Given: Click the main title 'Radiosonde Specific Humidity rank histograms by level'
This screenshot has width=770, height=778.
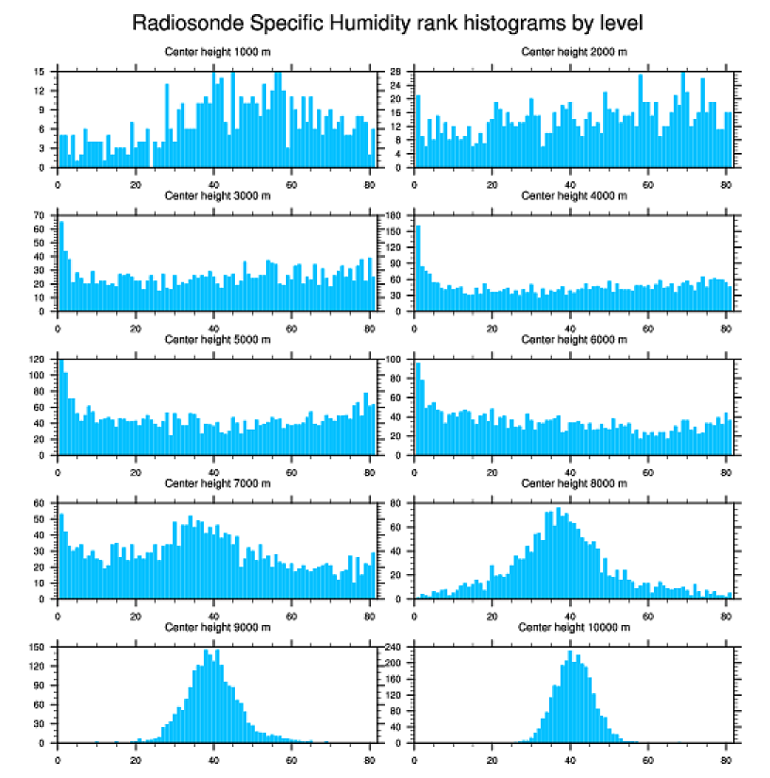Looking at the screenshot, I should point(388,22).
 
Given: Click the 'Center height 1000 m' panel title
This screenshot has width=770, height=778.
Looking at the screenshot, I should point(217,51).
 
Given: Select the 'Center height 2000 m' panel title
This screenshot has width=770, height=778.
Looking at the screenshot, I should point(574,51).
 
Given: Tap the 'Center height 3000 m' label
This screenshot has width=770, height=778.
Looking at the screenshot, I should point(217,195).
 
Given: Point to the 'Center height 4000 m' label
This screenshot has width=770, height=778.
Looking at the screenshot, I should point(574,195).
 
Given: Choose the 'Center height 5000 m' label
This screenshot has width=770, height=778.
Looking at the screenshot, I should point(217,339).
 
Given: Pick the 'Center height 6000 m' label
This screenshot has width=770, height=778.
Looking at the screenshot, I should point(574,339).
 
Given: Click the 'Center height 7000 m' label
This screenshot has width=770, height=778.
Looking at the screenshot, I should point(217,483).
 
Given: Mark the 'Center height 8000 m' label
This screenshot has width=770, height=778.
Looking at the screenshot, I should point(574,483).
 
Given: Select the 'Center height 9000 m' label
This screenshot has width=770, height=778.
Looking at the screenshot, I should point(217,627).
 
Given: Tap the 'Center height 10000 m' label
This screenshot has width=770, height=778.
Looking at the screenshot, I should point(574,627).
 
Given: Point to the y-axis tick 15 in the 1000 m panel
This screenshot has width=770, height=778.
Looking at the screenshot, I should point(42,72).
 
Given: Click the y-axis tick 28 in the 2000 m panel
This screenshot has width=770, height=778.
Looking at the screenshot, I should point(399,72).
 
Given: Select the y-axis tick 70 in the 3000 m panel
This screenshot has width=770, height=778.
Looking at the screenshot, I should point(42,215).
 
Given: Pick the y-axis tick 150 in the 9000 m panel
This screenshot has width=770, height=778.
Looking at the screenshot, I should point(40,648).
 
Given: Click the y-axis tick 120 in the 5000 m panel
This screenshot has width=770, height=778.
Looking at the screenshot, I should point(40,360).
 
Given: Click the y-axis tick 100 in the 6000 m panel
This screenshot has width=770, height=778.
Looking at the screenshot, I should point(396,360).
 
